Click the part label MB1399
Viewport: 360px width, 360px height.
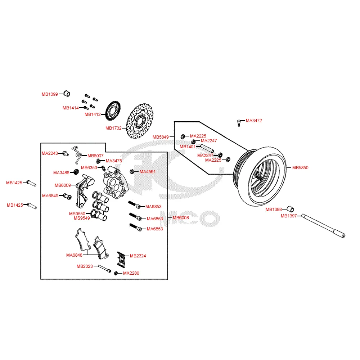click(49, 94)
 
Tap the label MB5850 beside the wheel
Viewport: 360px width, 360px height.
click(300, 168)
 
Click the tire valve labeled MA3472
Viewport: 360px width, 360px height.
click(238, 122)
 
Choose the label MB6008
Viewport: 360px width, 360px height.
click(181, 218)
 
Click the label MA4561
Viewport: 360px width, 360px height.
click(148, 172)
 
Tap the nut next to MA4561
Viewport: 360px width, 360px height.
click(132, 171)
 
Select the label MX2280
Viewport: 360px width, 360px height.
click(131, 273)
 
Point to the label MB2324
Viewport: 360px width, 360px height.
click(138, 256)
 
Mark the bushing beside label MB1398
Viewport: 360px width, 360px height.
click(290, 209)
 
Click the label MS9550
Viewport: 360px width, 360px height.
click(77, 213)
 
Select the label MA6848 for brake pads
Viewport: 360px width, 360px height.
click(74, 255)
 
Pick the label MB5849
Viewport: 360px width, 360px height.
click(161, 137)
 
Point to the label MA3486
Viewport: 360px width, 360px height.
click(61, 173)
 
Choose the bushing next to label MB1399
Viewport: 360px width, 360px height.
click(67, 94)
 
